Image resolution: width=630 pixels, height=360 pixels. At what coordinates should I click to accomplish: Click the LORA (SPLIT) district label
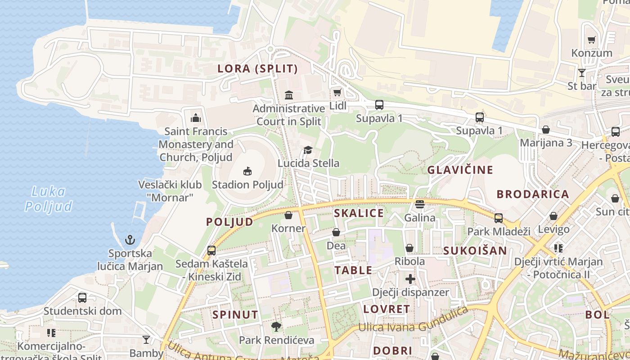pos(257,69)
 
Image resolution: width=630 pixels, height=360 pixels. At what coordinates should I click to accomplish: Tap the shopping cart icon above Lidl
pos(337,93)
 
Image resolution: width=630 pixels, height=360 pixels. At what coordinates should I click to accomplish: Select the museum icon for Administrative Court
pos(289,95)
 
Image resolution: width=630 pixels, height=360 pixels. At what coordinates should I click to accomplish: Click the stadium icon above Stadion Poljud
pos(247,171)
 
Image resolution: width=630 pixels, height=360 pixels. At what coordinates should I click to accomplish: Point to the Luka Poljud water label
pos(48,199)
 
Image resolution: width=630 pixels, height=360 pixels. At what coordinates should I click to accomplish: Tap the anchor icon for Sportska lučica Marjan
pos(130,239)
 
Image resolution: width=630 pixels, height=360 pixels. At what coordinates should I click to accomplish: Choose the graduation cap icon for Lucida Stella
pos(308,150)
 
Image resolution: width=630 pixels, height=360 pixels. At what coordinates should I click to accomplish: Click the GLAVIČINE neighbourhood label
pos(460,170)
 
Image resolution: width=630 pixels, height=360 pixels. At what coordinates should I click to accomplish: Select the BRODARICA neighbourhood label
pos(533,194)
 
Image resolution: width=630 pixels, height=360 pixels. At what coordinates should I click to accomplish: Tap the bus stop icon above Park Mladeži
pos(498,218)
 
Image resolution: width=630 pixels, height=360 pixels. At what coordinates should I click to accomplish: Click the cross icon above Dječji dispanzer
pos(410,279)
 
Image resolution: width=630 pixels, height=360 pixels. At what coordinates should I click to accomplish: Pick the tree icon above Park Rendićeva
pos(276,327)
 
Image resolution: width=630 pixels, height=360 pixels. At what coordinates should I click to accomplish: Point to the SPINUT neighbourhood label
pos(235,315)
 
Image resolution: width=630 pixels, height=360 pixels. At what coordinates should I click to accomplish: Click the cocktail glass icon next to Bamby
pos(146,339)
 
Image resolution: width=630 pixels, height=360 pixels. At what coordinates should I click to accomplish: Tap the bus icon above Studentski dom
pos(82,297)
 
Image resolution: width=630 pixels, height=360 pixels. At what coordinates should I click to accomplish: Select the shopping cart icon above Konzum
pos(592,40)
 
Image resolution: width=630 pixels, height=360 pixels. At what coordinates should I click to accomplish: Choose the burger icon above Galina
pos(420,204)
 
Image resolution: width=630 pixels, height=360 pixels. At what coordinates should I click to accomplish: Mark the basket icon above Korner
pos(288,215)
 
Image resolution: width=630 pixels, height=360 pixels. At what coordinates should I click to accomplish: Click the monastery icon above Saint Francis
pos(196,118)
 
